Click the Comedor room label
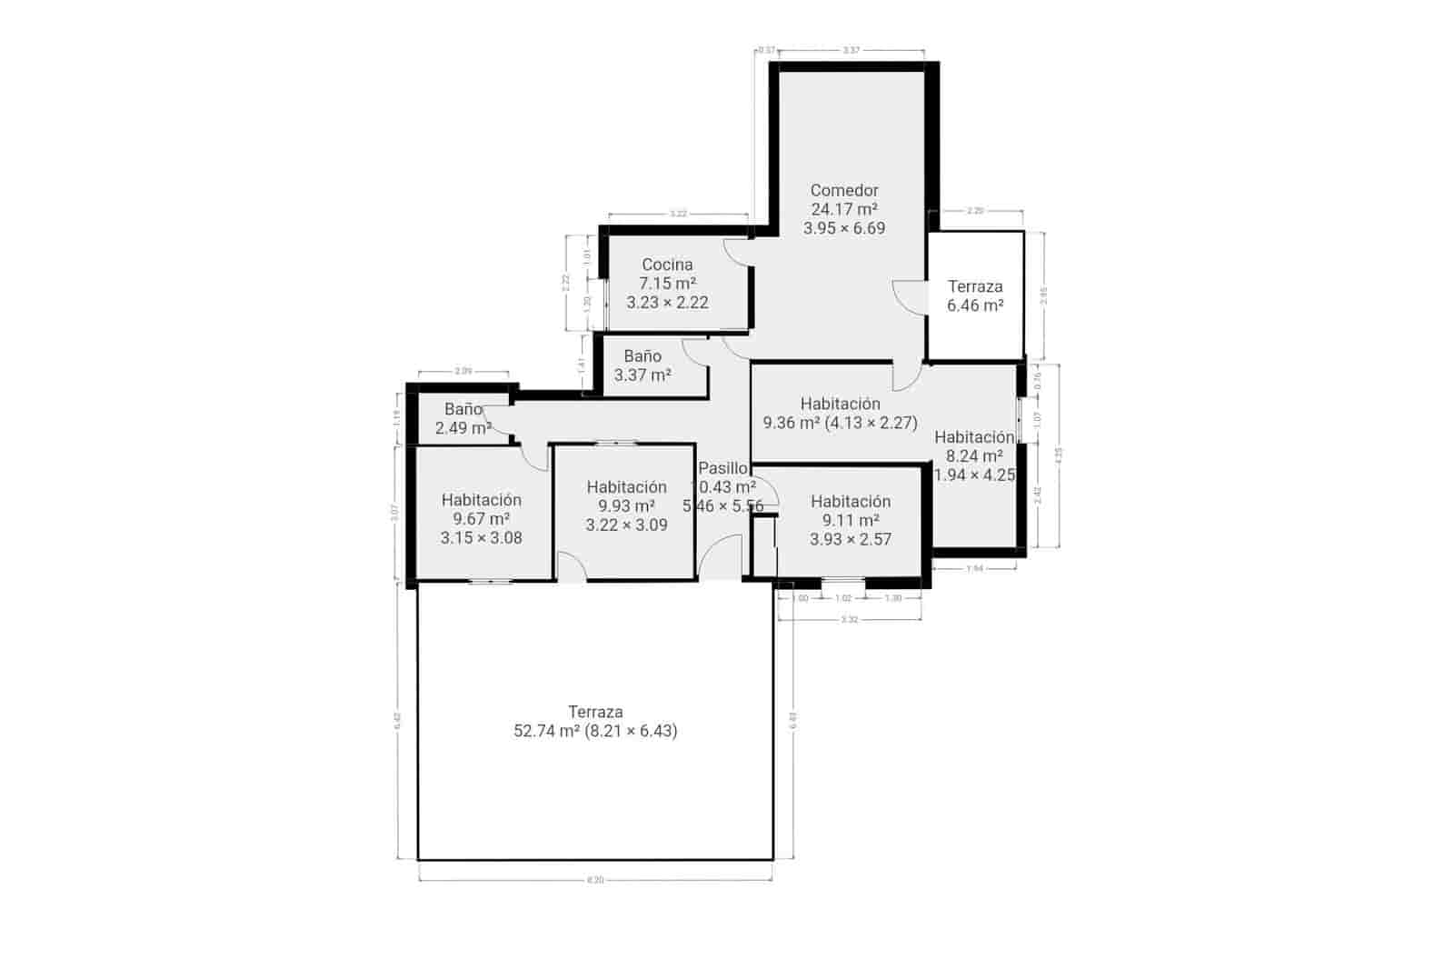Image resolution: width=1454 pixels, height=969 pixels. pos(844,190)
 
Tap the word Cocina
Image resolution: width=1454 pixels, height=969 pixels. pos(667,265)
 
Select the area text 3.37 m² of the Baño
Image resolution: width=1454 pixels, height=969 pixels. pos(642,375)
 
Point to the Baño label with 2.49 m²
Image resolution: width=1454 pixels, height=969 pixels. pos(463,409)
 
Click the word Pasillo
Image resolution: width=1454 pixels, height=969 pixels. pos(722,468)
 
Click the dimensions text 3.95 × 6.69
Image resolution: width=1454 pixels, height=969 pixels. pos(844,228)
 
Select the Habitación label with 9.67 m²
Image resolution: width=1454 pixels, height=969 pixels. pos(482,499)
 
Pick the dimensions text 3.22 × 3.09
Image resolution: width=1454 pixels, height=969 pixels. pos(626,524)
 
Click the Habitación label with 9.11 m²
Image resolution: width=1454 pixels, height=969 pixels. pos(851,501)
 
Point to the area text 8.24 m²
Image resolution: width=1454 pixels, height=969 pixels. pos(974,456)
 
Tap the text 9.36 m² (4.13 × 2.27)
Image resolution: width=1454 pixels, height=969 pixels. pos(841,423)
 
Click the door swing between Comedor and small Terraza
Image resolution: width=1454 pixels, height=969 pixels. pos(908,295)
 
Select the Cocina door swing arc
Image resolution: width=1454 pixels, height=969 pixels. pos(737,252)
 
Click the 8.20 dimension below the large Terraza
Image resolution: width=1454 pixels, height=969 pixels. pos(595,880)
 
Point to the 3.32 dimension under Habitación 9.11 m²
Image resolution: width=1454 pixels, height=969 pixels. pos(849,619)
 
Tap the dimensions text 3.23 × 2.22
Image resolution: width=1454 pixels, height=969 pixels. pos(667,303)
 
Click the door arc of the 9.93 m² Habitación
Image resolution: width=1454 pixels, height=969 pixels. pos(571,565)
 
